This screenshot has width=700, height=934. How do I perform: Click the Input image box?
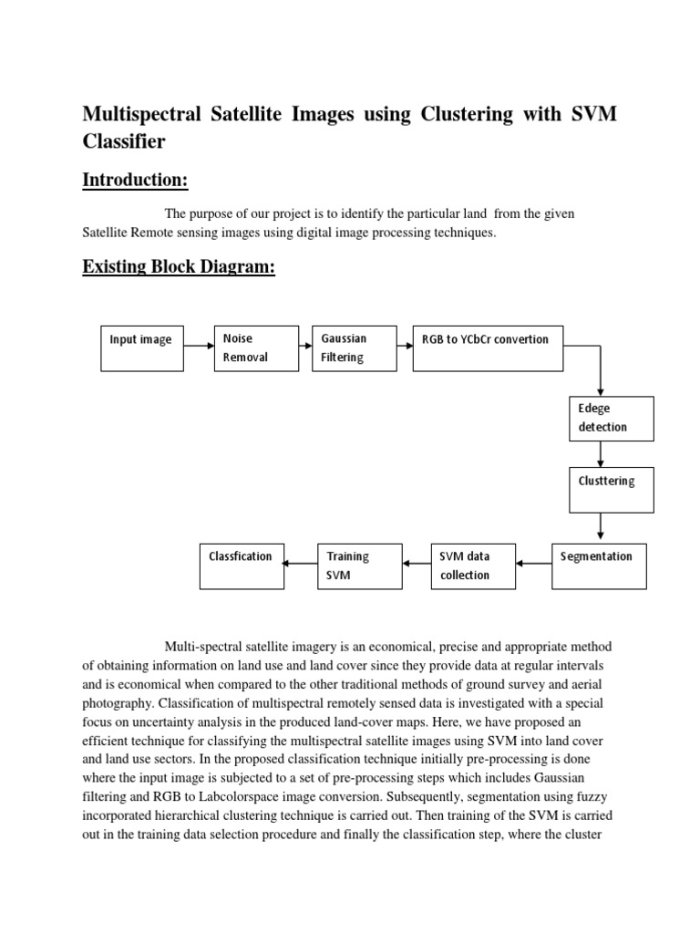pos(140,348)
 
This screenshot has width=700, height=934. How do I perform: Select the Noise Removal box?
pos(255,348)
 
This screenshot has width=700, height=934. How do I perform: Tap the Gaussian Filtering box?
pos(353,348)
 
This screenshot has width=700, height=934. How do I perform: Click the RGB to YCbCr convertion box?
pos(488,348)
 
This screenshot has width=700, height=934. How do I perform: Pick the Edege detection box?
pos(611,419)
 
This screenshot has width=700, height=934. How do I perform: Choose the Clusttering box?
pos(611,489)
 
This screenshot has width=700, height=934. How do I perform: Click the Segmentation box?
pos(600,566)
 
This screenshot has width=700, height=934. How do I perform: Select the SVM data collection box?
pos(472,566)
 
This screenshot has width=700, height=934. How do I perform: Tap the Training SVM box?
pos(359,566)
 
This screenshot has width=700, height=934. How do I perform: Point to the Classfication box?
pos(242,566)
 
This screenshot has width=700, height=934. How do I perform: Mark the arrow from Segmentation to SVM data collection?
pos(534,563)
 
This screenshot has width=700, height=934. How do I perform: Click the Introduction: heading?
pos(135,180)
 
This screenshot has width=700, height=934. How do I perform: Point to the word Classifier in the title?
pos(125,141)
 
